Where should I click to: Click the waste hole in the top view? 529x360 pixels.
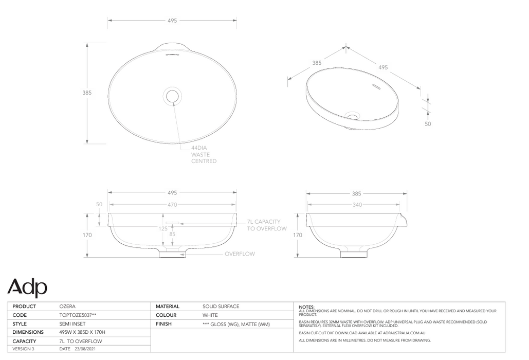point(172,96)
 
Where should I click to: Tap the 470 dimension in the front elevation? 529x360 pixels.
point(172,205)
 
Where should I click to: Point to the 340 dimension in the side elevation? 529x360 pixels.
point(357,205)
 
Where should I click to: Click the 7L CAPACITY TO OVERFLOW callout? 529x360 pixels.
point(267,225)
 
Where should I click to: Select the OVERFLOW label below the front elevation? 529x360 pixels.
point(240,254)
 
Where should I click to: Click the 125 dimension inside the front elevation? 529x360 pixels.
point(163,228)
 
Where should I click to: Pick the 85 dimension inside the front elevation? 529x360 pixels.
point(172,235)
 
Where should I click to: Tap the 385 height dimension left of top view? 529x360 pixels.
point(87,93)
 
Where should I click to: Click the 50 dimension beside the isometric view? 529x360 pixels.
point(428,124)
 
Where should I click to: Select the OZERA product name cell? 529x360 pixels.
point(68,307)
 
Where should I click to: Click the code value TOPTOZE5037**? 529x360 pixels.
point(78,315)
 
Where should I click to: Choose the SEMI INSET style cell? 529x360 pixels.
point(72,324)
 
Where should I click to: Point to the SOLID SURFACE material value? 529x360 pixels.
point(221,307)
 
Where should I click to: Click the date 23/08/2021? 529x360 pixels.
point(86,349)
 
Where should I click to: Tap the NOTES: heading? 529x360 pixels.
point(307,308)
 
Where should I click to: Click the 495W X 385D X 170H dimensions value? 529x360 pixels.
point(82,333)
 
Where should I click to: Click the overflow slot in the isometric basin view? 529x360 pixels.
point(376,87)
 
